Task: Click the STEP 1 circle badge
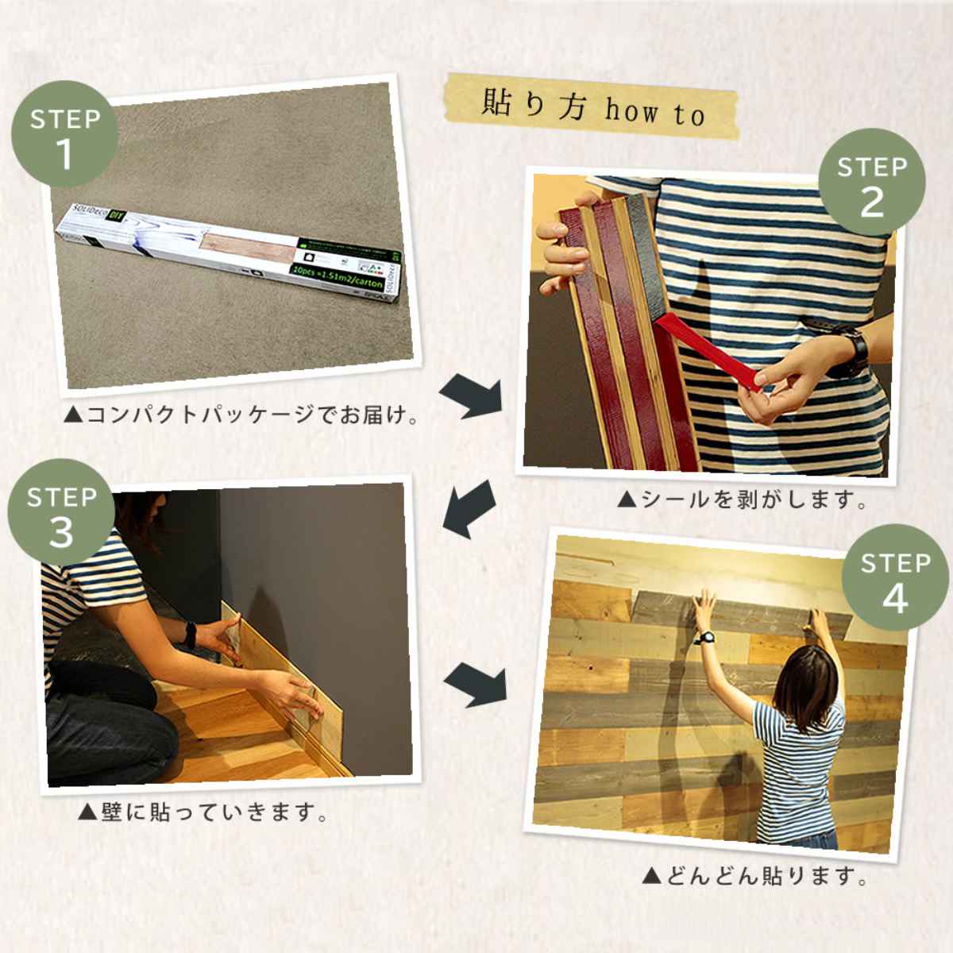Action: click(65, 136)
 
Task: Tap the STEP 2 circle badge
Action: click(872, 184)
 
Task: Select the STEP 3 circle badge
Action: click(61, 515)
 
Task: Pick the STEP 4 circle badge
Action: click(895, 581)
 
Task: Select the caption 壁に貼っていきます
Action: click(203, 812)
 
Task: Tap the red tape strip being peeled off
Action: click(707, 350)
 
